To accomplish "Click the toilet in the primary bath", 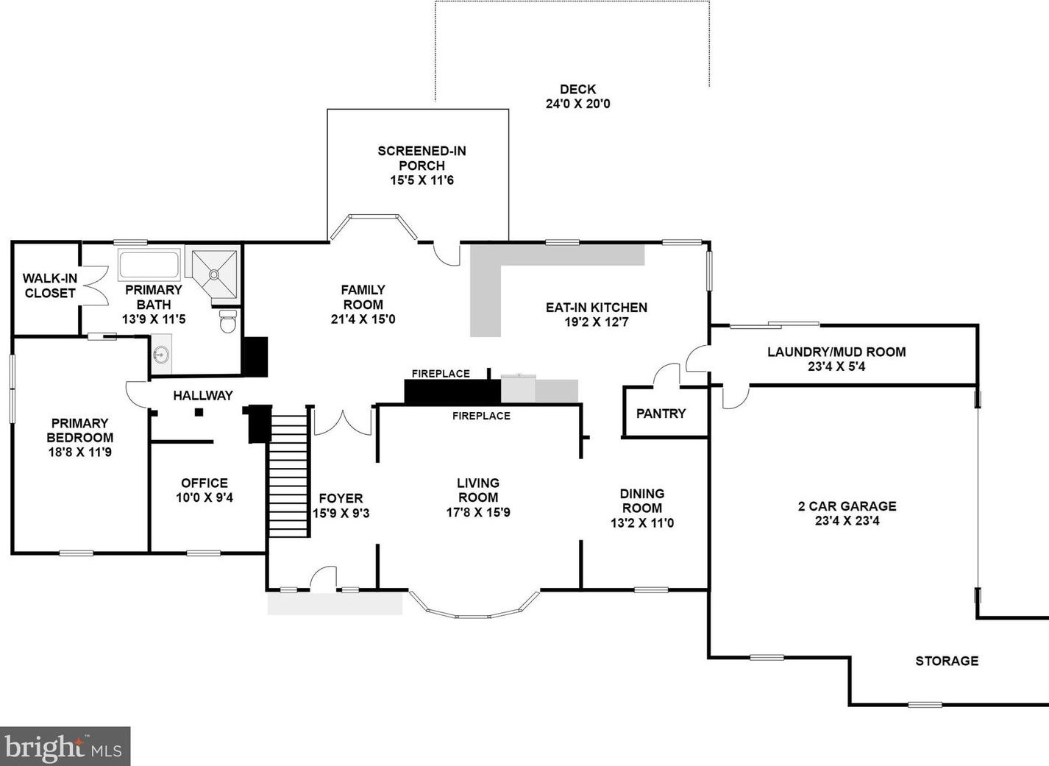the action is point(228,321).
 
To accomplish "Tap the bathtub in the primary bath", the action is point(149,265).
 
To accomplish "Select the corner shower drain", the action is point(214,274).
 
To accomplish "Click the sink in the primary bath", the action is point(162,354).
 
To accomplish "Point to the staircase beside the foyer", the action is point(289,472).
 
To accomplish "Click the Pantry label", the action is point(661,414).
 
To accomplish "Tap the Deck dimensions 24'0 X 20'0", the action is point(578,104).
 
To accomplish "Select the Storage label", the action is point(947,661).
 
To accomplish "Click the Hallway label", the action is point(203,395).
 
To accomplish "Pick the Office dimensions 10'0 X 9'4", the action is point(205,497).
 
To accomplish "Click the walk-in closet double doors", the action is point(95,286).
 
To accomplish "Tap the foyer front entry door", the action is point(324,577).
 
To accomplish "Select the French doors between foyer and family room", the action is point(343,422).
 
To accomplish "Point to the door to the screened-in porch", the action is point(447,253).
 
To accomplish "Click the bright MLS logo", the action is point(65,746).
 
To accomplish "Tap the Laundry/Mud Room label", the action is point(836,352).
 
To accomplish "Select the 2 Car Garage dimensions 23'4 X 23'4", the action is point(847,520).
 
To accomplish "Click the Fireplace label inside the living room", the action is point(481,416).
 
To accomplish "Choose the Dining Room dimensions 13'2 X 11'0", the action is point(642,522).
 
